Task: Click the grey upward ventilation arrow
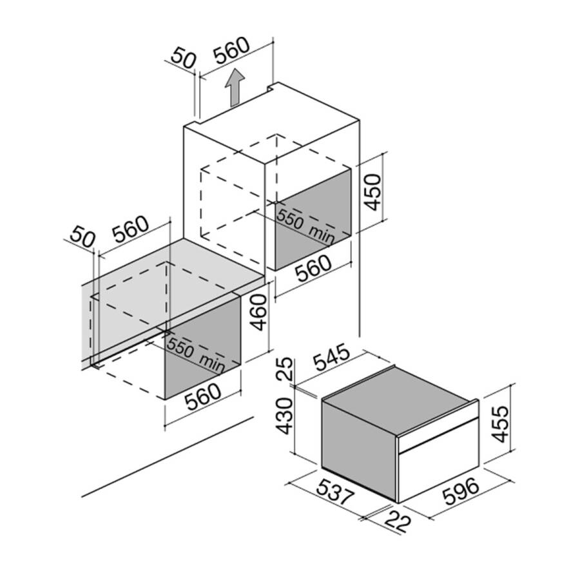(x=235, y=88)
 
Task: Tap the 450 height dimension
(x=372, y=192)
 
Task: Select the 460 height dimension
(x=258, y=312)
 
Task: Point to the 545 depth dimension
(x=332, y=357)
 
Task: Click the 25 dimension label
(x=285, y=369)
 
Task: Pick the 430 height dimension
(x=285, y=416)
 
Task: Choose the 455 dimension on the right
(x=501, y=424)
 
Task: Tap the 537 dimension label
(x=336, y=492)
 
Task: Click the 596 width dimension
(x=461, y=491)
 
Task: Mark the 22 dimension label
(x=398, y=521)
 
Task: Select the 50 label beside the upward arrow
(x=183, y=58)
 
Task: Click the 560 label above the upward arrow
(x=232, y=50)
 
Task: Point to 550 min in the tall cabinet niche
(x=305, y=226)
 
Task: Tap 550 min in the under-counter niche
(x=195, y=355)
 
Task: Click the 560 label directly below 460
(x=203, y=397)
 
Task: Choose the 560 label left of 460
(x=131, y=229)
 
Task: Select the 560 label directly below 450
(x=314, y=268)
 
